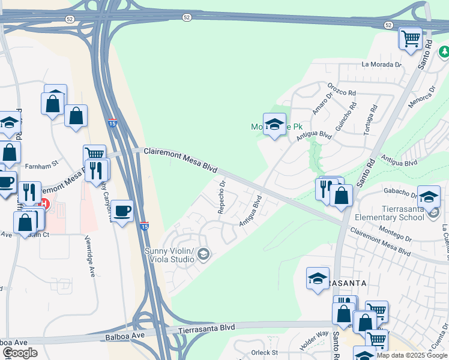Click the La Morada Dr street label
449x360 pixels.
tap(381, 64)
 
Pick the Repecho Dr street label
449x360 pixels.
tap(221, 197)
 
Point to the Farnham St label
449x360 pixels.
tap(41, 163)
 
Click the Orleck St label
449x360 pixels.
tap(265, 352)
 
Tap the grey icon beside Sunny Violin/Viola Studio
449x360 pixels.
tap(203, 255)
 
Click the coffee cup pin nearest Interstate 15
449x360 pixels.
tap(122, 211)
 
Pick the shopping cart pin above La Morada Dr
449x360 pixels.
tap(411, 39)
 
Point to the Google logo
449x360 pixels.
tap(20, 352)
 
